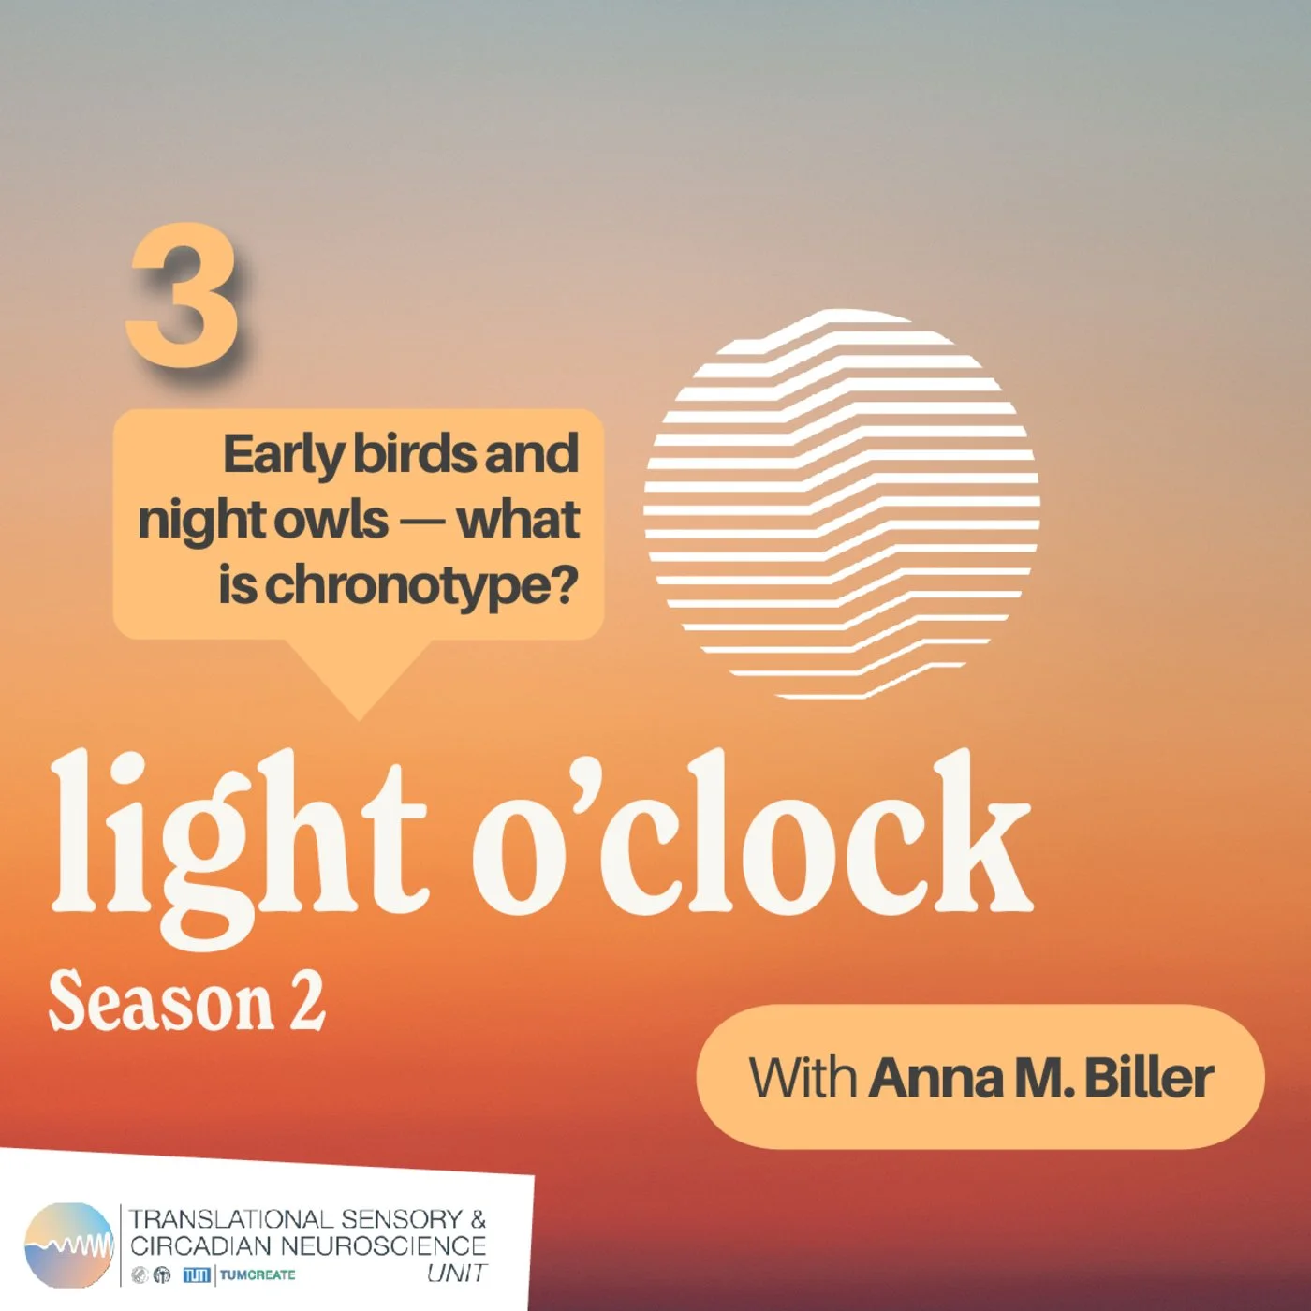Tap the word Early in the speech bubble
(283, 455)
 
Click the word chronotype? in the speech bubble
(421, 587)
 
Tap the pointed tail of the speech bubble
(359, 684)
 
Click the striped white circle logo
(841, 504)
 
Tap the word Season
(159, 1003)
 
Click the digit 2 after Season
(306, 1001)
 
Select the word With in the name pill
(803, 1078)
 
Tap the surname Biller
(1148, 1078)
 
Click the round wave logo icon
(68, 1245)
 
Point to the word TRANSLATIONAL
(228, 1219)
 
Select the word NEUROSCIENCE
(383, 1246)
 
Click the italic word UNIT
(456, 1274)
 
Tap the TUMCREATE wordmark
(258, 1274)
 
